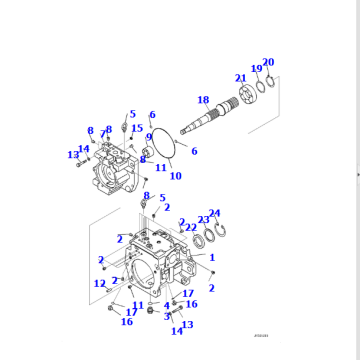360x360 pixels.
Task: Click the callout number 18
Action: (203, 100)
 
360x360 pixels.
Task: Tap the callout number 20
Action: (268, 62)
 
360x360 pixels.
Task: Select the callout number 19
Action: (256, 69)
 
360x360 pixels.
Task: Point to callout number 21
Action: (240, 78)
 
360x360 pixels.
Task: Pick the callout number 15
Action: (137, 129)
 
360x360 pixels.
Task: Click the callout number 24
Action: (215, 212)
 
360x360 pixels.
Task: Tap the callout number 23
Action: (203, 219)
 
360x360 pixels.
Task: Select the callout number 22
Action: (190, 227)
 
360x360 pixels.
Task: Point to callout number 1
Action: (212, 258)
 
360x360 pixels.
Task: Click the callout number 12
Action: (99, 285)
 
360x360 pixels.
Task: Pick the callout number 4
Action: (167, 305)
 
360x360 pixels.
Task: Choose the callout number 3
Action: (167, 316)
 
